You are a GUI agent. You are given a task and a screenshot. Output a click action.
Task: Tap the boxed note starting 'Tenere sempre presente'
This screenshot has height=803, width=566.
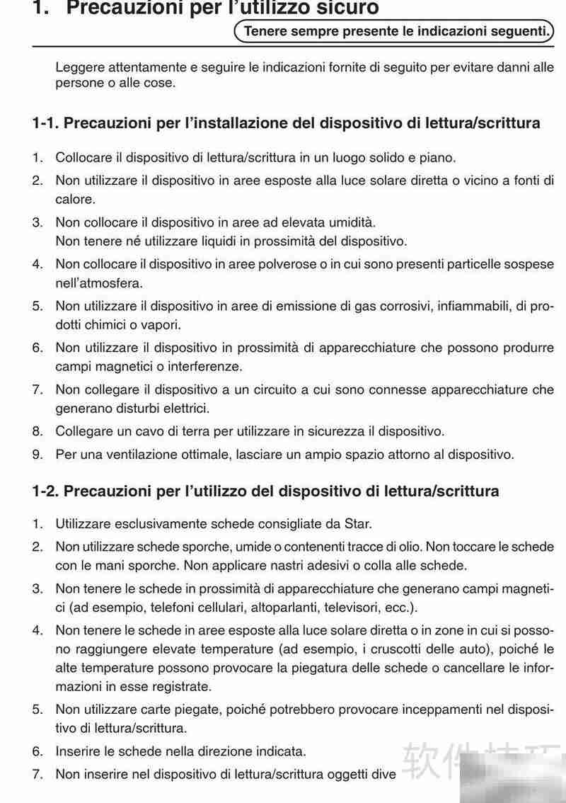pyautogui.click(x=393, y=31)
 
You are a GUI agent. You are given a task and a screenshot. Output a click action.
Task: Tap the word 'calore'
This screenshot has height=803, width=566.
pyautogui.click(x=74, y=200)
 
